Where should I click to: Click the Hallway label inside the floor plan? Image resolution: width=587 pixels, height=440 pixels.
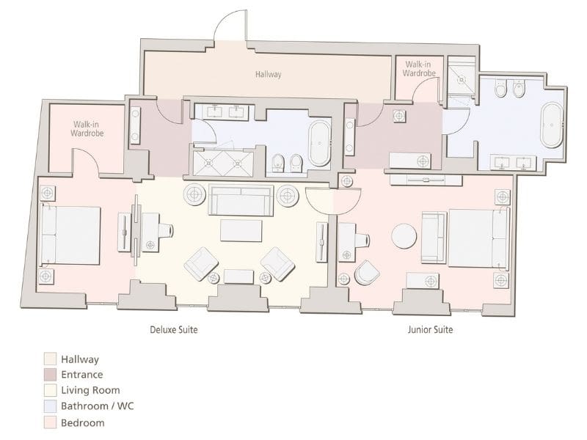[x=268, y=74]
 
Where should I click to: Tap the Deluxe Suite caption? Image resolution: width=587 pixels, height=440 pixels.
[x=174, y=329]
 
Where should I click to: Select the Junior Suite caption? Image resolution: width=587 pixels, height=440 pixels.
[x=430, y=329]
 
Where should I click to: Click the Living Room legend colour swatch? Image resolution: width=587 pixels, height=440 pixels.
[x=50, y=390]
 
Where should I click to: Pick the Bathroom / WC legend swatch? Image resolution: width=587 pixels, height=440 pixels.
[x=50, y=406]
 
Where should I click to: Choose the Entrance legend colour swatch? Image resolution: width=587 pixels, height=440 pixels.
[x=50, y=375]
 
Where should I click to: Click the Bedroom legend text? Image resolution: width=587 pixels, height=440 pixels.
[x=83, y=423]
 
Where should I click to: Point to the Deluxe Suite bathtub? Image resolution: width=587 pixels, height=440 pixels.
[x=319, y=143]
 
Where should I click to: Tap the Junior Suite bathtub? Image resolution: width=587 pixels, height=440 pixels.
[x=552, y=125]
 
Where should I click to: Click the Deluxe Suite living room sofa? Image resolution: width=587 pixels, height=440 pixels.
[x=241, y=199]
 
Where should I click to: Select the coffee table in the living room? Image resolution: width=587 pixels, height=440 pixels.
[x=241, y=230]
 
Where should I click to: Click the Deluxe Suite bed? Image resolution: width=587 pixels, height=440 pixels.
[x=70, y=235]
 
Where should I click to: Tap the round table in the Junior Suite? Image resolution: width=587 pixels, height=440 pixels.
[x=404, y=236]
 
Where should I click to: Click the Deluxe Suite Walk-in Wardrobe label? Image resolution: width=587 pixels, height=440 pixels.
[x=87, y=129]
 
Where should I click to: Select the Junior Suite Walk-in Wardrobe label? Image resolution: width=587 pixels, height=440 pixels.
[x=419, y=69]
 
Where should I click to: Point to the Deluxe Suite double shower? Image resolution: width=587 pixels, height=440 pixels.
[x=223, y=163]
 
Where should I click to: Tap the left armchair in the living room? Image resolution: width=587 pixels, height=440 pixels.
[x=200, y=264]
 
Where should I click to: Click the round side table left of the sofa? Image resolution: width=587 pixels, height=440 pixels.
[x=194, y=194]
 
